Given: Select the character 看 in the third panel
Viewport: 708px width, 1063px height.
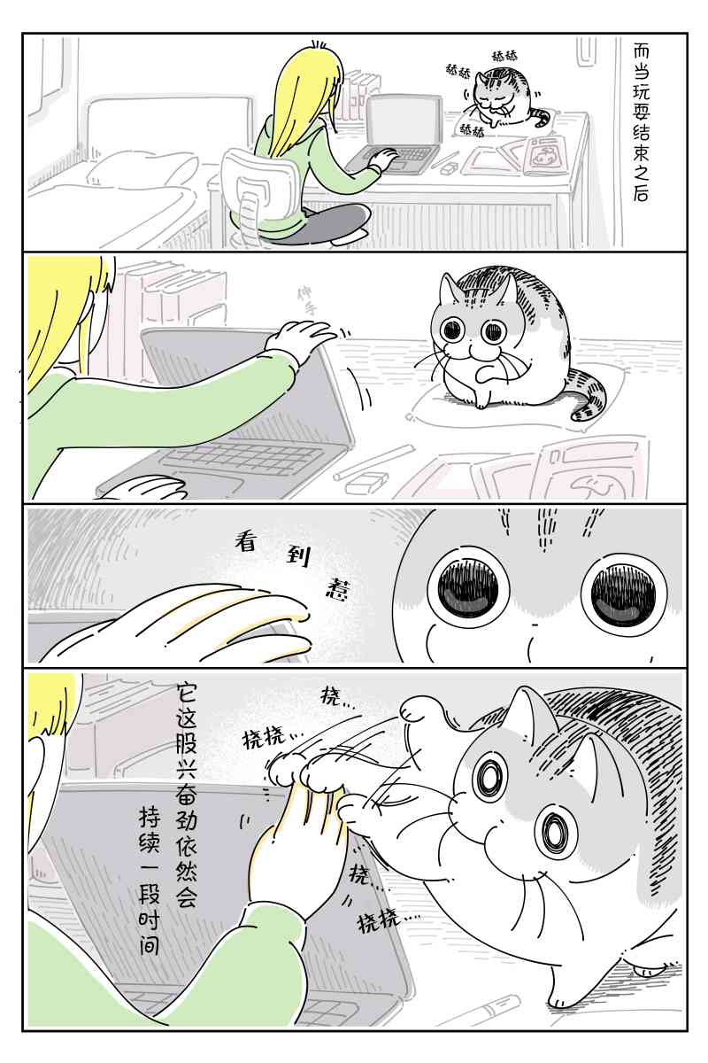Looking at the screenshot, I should coord(245,541).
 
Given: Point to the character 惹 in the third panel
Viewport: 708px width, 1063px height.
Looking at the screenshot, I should coord(332,587).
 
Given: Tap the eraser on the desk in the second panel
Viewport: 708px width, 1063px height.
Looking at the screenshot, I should coord(366,484).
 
